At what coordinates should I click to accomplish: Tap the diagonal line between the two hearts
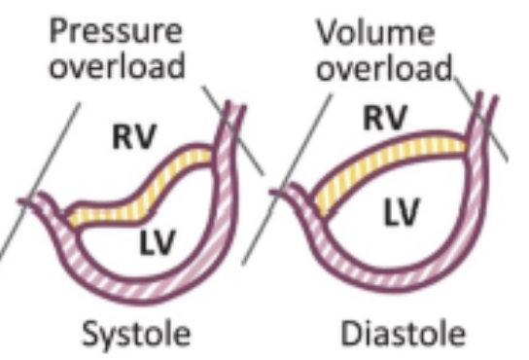coord(292,175)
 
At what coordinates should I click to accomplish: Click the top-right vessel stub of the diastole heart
coord(480,112)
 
